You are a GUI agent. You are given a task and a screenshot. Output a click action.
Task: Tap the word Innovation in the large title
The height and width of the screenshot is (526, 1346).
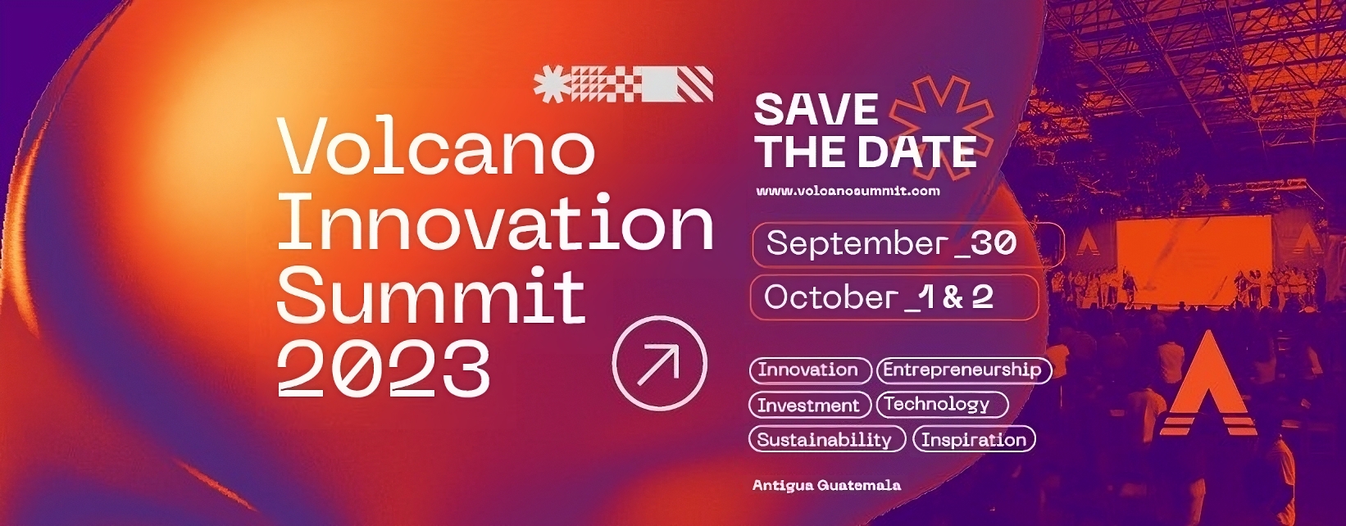pos(495,221)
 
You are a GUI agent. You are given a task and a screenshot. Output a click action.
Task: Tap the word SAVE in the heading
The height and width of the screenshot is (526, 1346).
pos(816,109)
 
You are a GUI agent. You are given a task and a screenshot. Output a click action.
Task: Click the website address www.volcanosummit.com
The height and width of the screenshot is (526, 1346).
pos(848,191)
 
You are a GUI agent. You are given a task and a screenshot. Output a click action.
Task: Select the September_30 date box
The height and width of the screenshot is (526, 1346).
pos(907,244)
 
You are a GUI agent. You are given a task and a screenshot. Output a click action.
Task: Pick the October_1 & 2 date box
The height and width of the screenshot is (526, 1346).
pos(894,297)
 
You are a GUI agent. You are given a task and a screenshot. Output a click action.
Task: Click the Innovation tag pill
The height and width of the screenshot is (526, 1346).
pos(810,370)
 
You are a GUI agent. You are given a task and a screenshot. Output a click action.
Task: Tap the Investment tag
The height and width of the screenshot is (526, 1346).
pos(809,405)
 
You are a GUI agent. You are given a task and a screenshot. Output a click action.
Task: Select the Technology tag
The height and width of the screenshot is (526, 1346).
pos(942,404)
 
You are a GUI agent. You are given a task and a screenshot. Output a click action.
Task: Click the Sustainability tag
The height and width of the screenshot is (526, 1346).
pos(827,439)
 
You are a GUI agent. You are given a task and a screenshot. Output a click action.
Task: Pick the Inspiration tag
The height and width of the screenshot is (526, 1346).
pos(974,439)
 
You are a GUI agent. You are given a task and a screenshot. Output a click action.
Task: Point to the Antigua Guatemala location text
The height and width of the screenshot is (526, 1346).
pos(826,485)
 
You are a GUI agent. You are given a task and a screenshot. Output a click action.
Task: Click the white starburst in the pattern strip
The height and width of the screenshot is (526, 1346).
pos(550,84)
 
